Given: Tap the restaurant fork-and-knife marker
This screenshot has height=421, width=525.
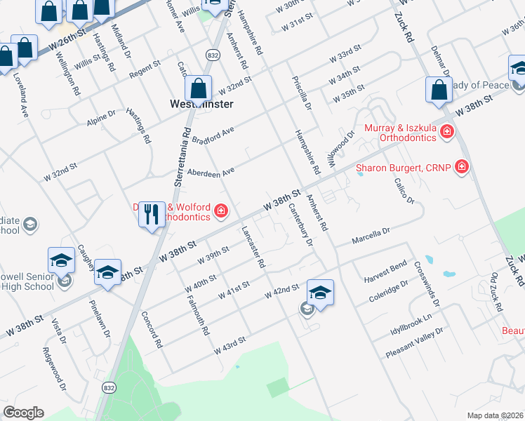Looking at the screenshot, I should pyautogui.click(x=152, y=214).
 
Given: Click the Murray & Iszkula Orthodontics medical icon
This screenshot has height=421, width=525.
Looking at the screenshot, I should pyautogui.click(x=446, y=133).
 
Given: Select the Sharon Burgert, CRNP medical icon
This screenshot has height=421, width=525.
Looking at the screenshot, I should pyautogui.click(x=462, y=167).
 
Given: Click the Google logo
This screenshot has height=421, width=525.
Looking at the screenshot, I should pyautogui.click(x=23, y=413).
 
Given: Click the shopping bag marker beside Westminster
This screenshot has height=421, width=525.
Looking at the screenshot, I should pyautogui.click(x=199, y=89).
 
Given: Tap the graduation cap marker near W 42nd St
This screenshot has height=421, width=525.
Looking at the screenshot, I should pyautogui.click(x=320, y=293).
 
